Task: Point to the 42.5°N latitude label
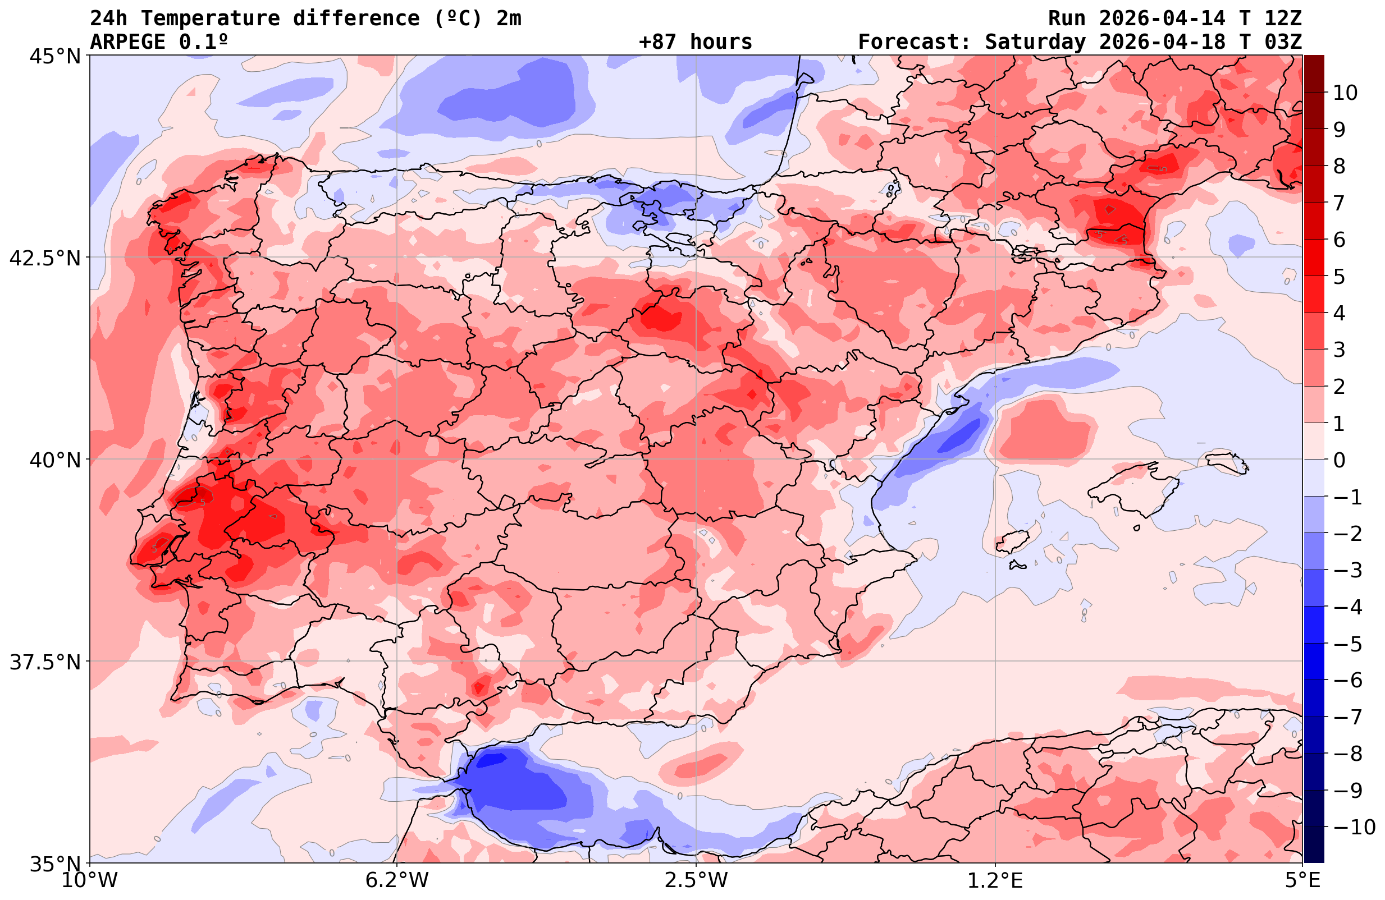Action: (x=45, y=258)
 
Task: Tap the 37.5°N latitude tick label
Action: (x=45, y=662)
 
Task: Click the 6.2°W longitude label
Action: (x=396, y=880)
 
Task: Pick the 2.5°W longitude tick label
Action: (x=696, y=880)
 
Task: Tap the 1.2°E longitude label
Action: (x=995, y=880)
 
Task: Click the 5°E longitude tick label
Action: (x=1302, y=880)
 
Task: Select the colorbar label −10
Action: (x=1354, y=826)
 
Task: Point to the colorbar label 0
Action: (x=1339, y=460)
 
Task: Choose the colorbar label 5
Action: (x=1339, y=277)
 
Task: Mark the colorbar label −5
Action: (x=1347, y=644)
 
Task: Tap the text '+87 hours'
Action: (x=696, y=42)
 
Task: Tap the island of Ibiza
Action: (x=1013, y=541)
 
